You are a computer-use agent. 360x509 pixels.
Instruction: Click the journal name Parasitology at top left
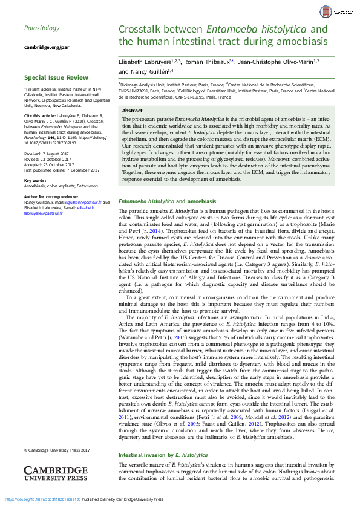tap(41, 28)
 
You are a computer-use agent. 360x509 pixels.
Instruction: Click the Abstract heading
tap(133, 111)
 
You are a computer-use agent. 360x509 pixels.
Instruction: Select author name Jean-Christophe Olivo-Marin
tap(280, 61)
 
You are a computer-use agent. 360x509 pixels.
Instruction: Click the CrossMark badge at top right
tap(342, 10)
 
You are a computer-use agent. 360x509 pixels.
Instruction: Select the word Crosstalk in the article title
tap(144, 29)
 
